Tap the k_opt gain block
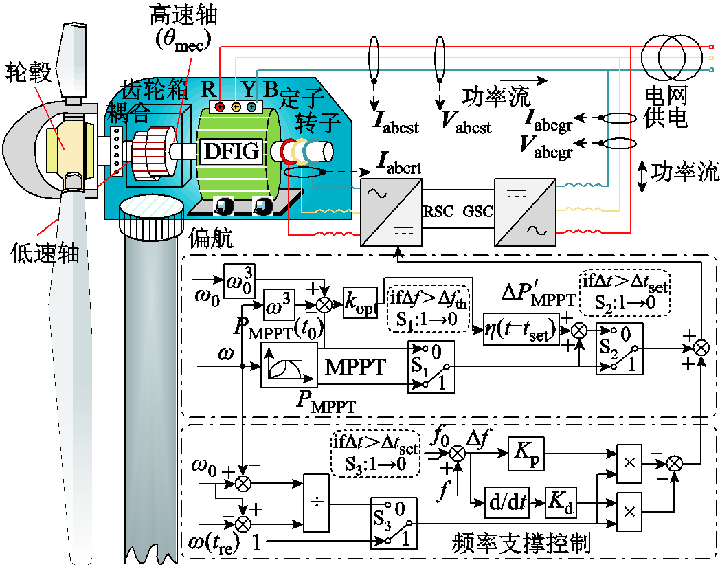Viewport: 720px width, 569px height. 361,303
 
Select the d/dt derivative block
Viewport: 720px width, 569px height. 506,503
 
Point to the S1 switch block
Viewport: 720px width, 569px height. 431,366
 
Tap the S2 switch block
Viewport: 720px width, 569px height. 619,348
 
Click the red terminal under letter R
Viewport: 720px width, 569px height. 219,107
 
